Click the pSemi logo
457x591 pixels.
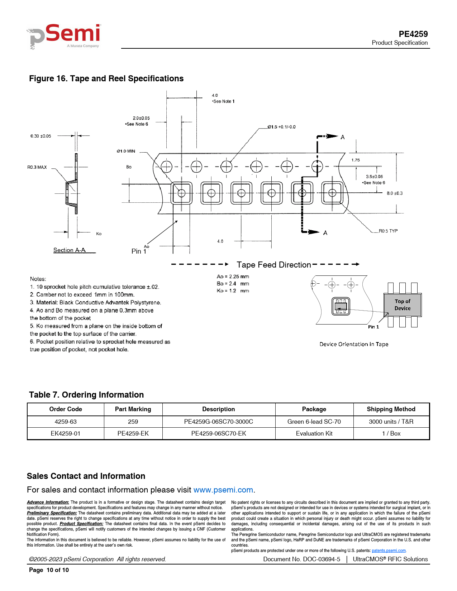pos(65,36)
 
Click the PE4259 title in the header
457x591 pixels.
pos(413,34)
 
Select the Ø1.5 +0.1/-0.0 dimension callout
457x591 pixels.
pos(282,127)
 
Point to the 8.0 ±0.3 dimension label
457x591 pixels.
pos(394,193)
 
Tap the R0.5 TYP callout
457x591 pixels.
pos(388,231)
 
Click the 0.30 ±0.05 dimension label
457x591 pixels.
pos(41,136)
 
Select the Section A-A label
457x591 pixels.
pos(70,250)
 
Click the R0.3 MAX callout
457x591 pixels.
pos(37,167)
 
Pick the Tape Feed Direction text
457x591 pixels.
pos(274,265)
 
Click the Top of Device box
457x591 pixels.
pos(403,305)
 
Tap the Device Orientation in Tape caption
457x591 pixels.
pos(354,344)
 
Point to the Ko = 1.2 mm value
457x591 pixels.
pos(233,291)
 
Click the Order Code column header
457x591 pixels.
pos(66,409)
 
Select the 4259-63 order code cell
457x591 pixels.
pos(66,422)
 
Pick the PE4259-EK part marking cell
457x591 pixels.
pos(133,433)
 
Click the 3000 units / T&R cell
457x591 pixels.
pos(391,422)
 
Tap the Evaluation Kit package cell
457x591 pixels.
pos(314,433)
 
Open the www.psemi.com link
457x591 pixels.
pos(223,490)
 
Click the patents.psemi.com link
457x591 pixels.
pos(389,551)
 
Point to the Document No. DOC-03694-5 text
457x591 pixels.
pos(301,559)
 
